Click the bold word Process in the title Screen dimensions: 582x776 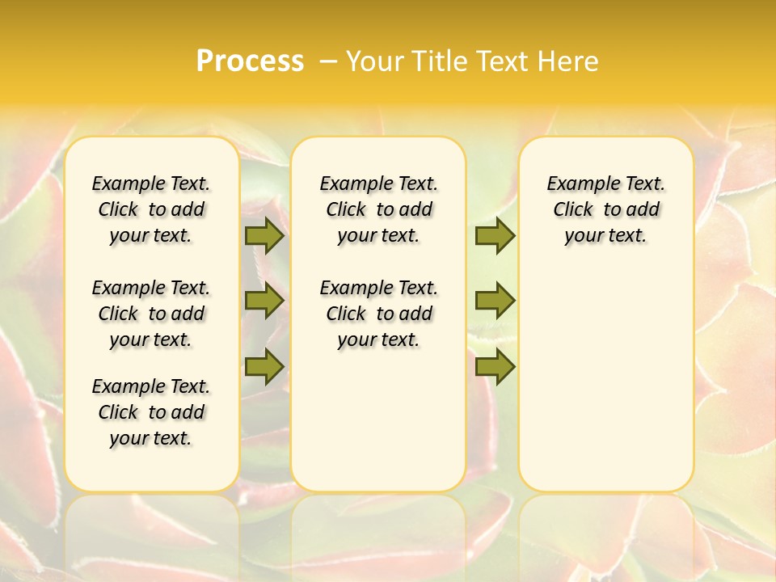pos(250,61)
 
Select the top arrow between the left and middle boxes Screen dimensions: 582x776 pos(264,235)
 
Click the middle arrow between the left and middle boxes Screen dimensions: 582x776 pos(264,301)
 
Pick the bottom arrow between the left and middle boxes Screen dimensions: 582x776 pos(264,366)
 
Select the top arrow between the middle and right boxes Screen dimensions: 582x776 pos(495,235)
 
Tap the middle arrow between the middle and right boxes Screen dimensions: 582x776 pos(495,301)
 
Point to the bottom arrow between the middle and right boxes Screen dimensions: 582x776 pos(495,366)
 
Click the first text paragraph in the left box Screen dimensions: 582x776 pos(151,209)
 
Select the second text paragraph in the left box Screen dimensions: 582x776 pos(151,314)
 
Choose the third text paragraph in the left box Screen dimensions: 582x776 pos(151,412)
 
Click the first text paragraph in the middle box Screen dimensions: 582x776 pos(378,209)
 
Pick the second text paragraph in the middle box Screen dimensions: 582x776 pos(378,314)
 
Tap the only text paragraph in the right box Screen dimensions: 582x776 pos(606,209)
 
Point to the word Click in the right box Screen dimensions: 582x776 pos(573,210)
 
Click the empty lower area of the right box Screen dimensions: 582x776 pos(606,380)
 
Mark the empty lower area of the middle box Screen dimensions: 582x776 pos(378,420)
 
